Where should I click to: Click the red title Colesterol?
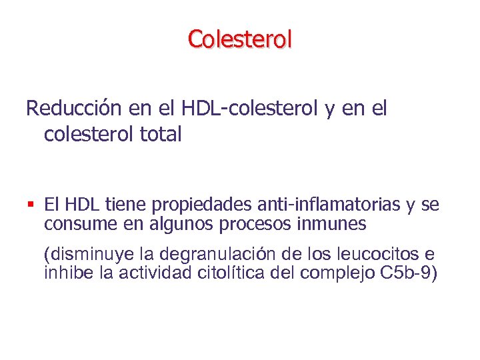(240, 39)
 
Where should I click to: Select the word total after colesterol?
(161, 134)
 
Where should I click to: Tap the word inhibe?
(63, 273)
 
